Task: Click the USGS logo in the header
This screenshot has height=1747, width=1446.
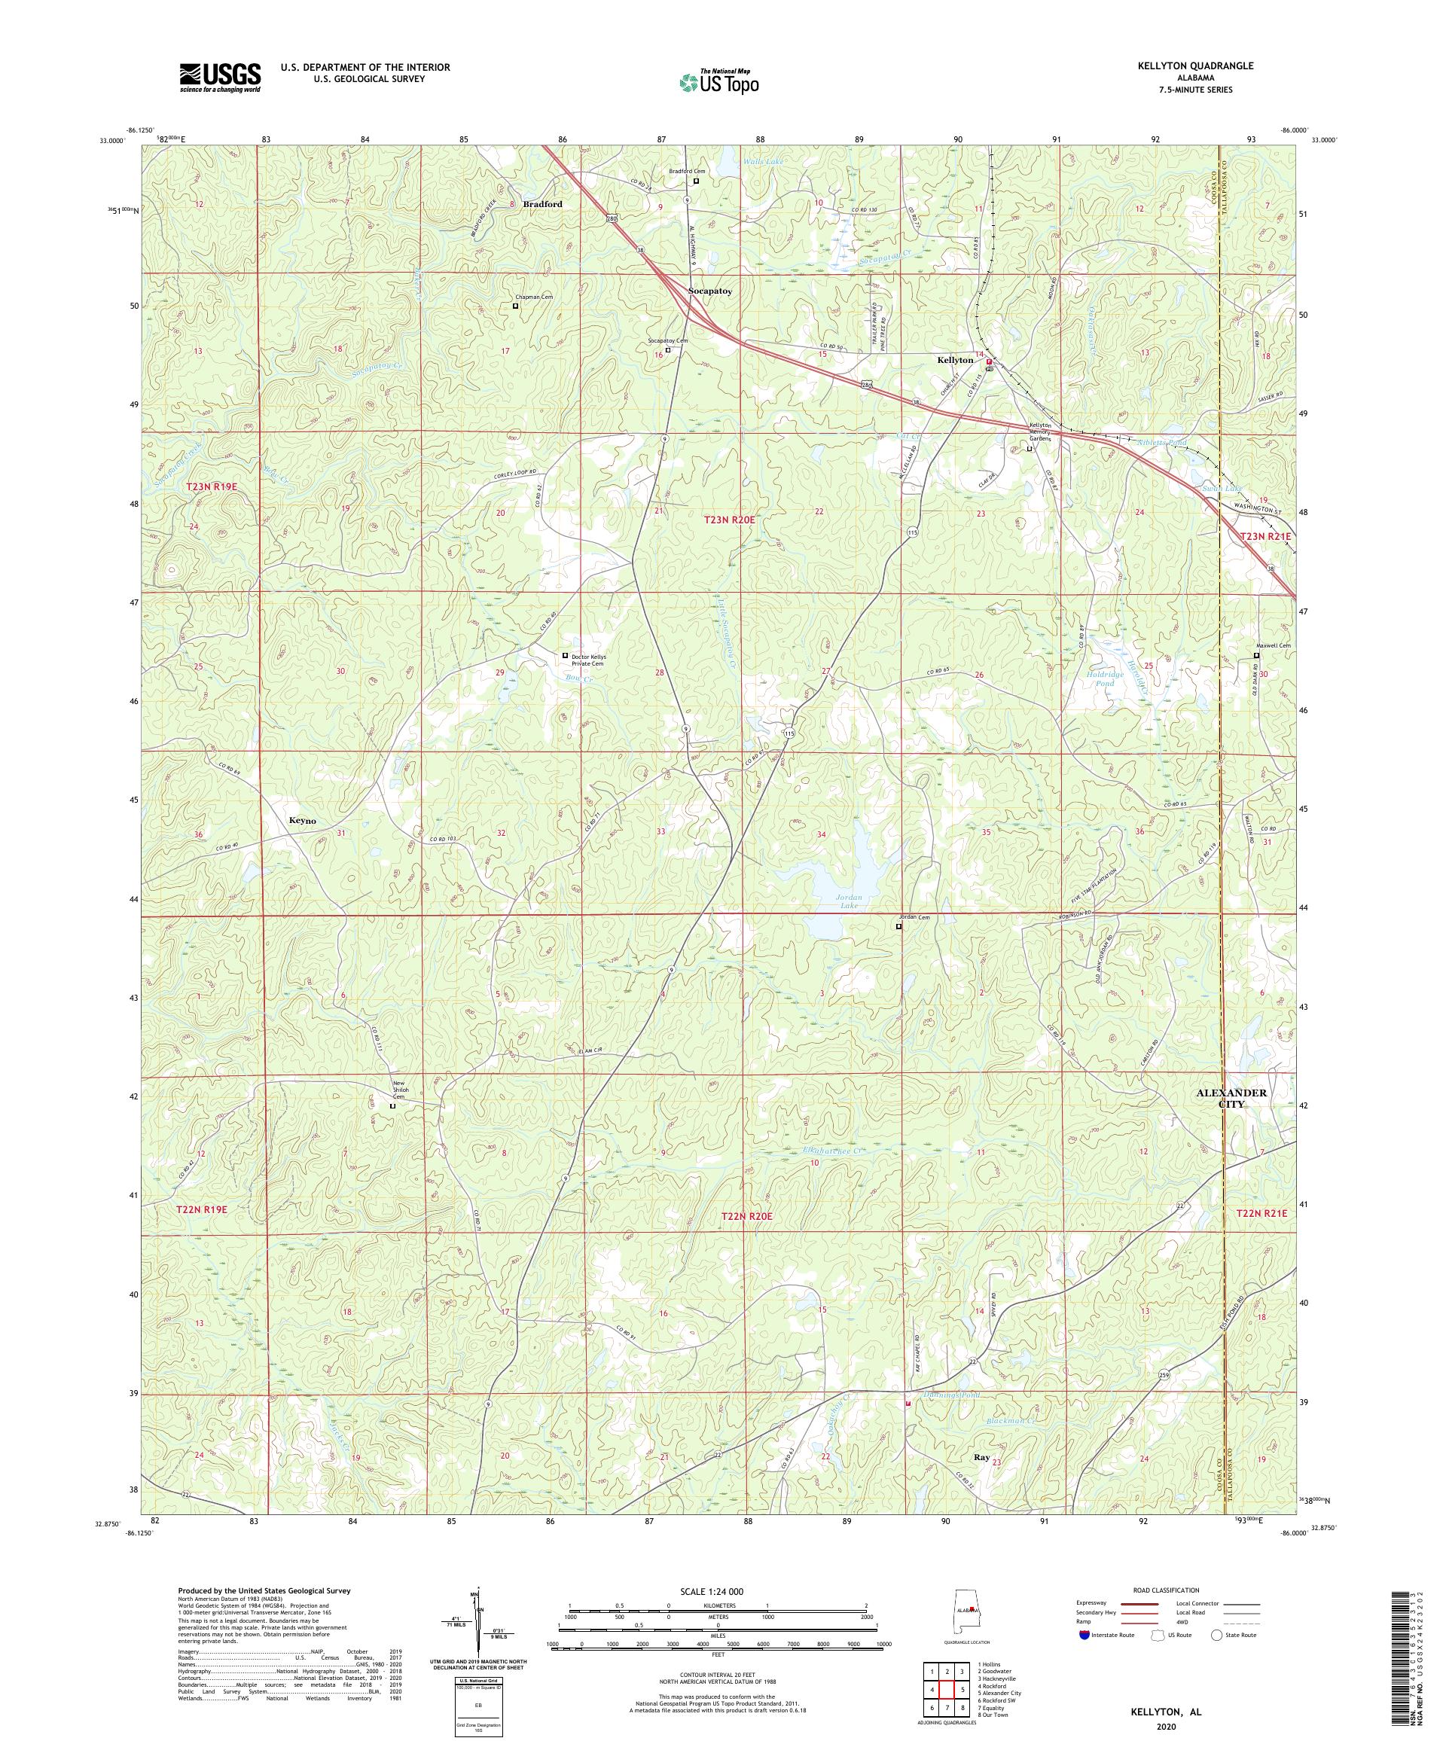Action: click(220, 78)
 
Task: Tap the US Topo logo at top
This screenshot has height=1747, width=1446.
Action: click(718, 81)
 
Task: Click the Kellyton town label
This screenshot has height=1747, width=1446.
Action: click(955, 360)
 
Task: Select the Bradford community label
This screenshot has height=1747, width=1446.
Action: click(542, 204)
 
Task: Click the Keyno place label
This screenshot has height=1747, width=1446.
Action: click(302, 820)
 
